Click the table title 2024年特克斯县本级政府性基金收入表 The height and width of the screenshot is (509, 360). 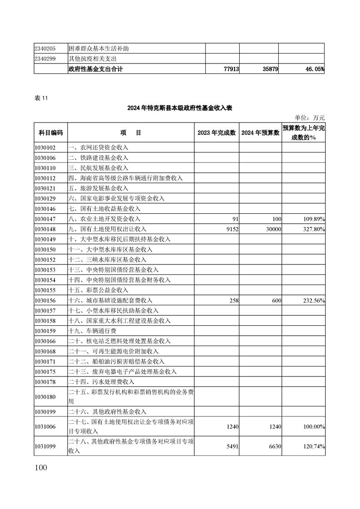click(x=180, y=108)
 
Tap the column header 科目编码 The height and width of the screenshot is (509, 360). click(x=50, y=132)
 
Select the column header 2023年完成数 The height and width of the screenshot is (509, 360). click(x=217, y=132)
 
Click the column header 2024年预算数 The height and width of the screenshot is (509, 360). click(x=260, y=132)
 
